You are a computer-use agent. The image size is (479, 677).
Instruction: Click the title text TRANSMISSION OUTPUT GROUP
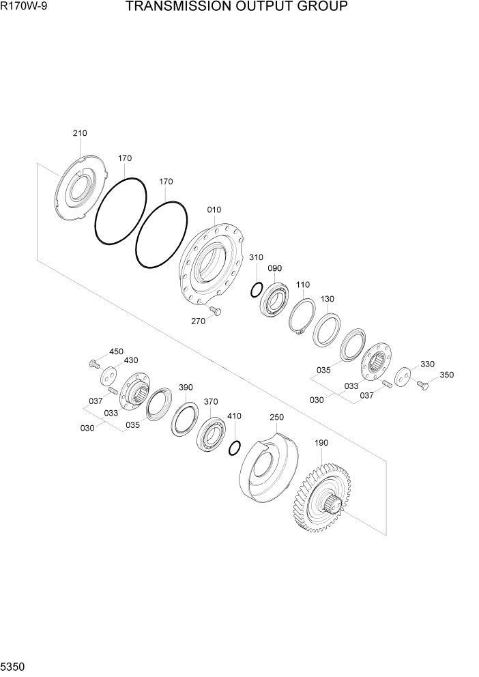(236, 8)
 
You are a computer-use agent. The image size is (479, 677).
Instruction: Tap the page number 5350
(14, 665)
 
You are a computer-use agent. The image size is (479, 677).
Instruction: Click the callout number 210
(80, 133)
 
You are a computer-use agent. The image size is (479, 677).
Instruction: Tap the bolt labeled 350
(422, 386)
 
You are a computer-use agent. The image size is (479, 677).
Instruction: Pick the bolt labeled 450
(94, 364)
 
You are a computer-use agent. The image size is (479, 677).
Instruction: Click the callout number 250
(276, 417)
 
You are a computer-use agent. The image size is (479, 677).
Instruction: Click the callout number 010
(214, 210)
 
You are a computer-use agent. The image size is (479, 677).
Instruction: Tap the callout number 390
(186, 387)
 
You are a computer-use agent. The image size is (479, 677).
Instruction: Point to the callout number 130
(328, 299)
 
